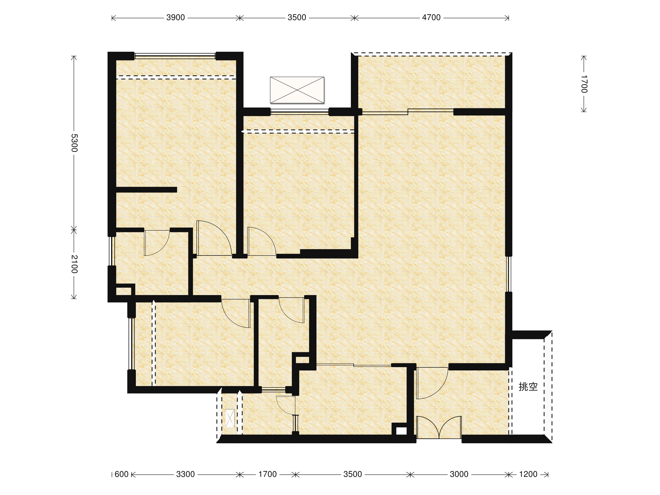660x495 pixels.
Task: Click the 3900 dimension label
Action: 175,18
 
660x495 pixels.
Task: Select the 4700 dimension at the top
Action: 431,18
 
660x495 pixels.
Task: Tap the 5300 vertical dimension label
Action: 74,143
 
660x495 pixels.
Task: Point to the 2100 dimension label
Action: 74,264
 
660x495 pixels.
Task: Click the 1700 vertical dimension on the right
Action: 584,84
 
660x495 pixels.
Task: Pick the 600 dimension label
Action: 122,474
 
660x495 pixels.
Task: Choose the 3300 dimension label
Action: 185,474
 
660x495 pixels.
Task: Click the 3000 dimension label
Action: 459,474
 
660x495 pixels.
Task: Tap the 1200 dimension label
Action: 528,474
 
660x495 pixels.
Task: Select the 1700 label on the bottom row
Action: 267,474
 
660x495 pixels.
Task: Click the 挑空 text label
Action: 528,387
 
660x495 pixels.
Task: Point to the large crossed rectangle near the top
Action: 297,90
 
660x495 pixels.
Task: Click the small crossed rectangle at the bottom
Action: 230,418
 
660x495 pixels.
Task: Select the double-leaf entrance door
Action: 439,427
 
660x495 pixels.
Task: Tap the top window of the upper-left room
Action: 175,56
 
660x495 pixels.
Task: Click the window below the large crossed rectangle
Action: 299,112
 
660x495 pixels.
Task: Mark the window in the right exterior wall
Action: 509,274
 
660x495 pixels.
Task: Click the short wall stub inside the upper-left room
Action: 147,190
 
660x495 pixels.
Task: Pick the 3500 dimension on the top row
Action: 297,18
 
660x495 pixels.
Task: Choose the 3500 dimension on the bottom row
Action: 353,474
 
